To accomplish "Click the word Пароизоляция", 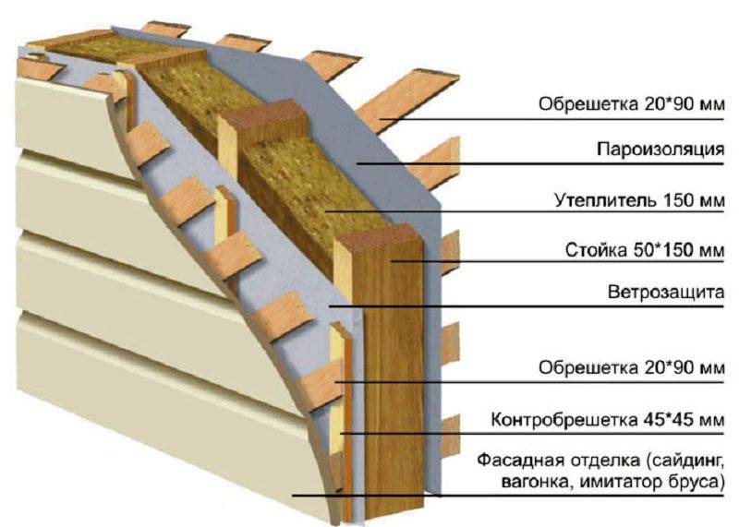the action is click(x=660, y=150).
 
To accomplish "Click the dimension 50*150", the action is click(x=664, y=249).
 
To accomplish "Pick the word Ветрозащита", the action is click(x=665, y=292).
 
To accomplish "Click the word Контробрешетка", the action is click(x=564, y=419).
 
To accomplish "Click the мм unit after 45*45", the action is click(x=709, y=420).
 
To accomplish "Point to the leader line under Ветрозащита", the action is click(x=526, y=306).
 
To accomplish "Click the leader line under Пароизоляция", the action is click(x=539, y=164).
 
